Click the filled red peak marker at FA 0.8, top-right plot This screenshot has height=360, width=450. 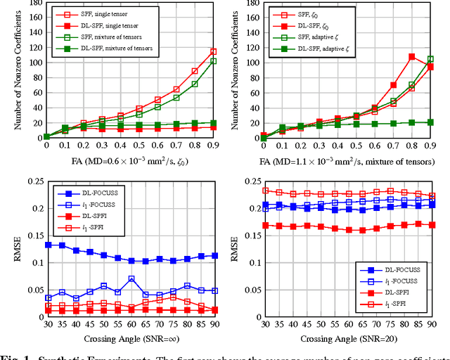(412, 56)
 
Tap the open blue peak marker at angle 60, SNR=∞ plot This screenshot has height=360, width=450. (131, 279)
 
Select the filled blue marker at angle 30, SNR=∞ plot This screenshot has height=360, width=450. (47, 245)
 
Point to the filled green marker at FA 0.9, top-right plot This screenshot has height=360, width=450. (430, 122)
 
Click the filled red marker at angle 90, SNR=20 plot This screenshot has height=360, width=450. (431, 225)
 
